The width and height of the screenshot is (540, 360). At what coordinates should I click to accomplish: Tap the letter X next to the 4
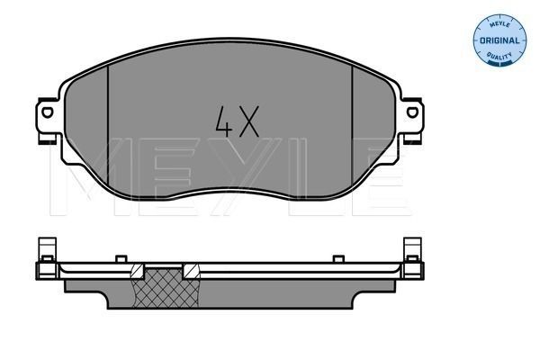point(251,121)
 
